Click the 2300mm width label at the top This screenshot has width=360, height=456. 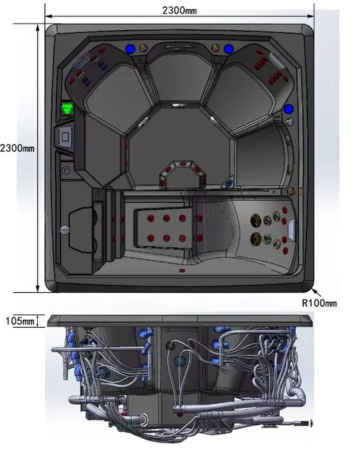click(179, 11)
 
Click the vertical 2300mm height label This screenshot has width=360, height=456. click(17, 148)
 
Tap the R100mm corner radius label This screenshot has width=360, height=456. click(319, 303)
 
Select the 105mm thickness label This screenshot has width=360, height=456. click(20, 321)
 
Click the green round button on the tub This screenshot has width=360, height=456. click(68, 108)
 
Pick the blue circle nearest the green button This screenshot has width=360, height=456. click(130, 49)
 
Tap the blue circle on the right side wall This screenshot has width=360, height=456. click(289, 109)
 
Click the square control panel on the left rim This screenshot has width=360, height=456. click(65, 136)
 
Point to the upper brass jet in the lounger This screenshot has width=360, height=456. click(255, 220)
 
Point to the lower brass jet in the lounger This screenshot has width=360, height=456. click(255, 239)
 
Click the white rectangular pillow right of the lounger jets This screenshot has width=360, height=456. click(292, 230)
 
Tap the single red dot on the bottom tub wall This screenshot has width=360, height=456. click(182, 271)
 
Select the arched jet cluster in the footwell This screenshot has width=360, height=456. click(182, 172)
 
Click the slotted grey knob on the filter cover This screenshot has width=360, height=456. click(65, 229)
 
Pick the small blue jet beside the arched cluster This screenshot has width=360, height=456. click(230, 183)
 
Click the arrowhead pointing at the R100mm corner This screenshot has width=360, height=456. click(314, 291)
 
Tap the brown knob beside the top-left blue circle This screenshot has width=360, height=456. click(143, 48)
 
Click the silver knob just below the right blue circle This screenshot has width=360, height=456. click(289, 121)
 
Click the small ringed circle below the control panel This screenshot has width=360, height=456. click(66, 170)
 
